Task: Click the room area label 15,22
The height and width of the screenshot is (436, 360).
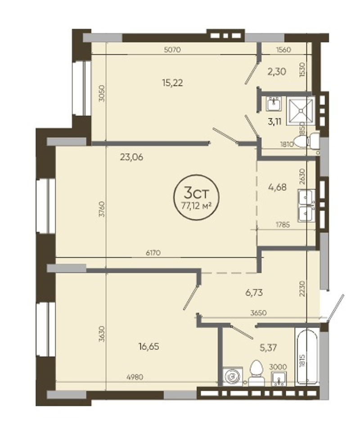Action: pos(172,83)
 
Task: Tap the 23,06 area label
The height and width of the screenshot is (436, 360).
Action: pos(131,157)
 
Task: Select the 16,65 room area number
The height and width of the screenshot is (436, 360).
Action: pos(148,347)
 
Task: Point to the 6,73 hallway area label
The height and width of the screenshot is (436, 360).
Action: pos(254,293)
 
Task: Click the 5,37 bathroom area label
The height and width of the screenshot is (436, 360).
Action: pos(268,347)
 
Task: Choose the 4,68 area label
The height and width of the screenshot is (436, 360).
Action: pos(277,187)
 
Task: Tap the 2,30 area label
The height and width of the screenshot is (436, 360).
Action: pos(277,72)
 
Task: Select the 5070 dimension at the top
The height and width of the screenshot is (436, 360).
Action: pos(173,50)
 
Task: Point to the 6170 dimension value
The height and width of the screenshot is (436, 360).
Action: pos(153,253)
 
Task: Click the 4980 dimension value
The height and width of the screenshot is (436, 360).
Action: pos(135,377)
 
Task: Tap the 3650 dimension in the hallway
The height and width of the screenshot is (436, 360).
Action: pos(258,313)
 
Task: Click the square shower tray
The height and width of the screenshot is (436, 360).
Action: pos(301,111)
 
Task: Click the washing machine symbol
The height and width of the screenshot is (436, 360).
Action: pos(233,376)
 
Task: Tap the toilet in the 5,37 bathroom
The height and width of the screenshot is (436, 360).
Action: pos(256,373)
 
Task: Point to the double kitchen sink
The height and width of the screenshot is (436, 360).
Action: pos(306,205)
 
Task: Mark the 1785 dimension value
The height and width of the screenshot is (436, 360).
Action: pos(283,224)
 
